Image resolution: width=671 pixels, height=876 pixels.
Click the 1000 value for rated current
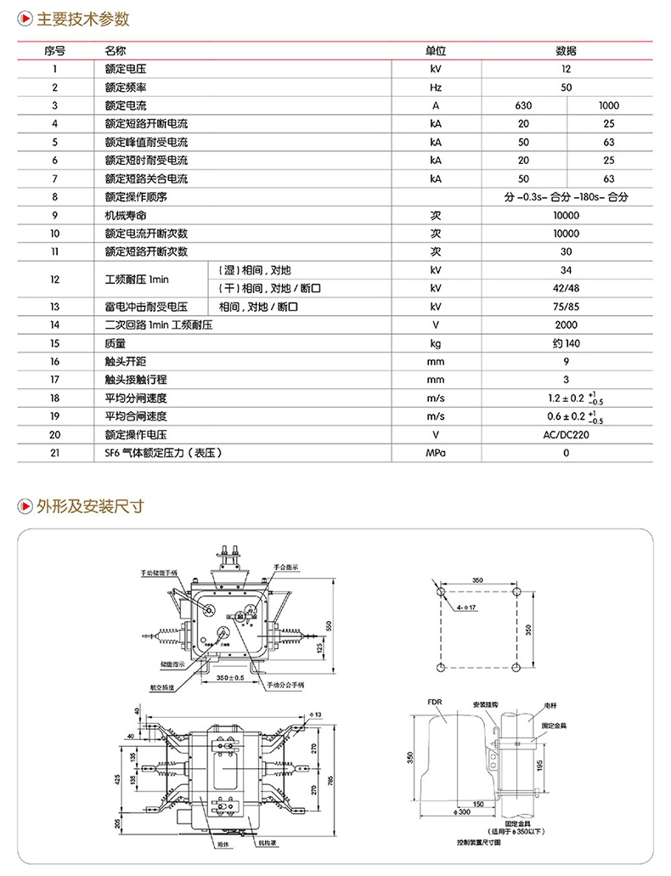[608, 105]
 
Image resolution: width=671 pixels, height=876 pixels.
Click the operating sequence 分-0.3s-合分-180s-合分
[566, 197]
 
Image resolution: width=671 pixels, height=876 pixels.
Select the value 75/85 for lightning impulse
[566, 307]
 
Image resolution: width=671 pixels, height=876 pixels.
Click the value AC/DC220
[566, 434]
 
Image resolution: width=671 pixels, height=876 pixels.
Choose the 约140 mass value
[566, 343]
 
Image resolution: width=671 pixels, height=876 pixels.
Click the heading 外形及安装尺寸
[90, 506]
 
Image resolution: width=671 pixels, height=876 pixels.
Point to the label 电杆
[550, 706]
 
